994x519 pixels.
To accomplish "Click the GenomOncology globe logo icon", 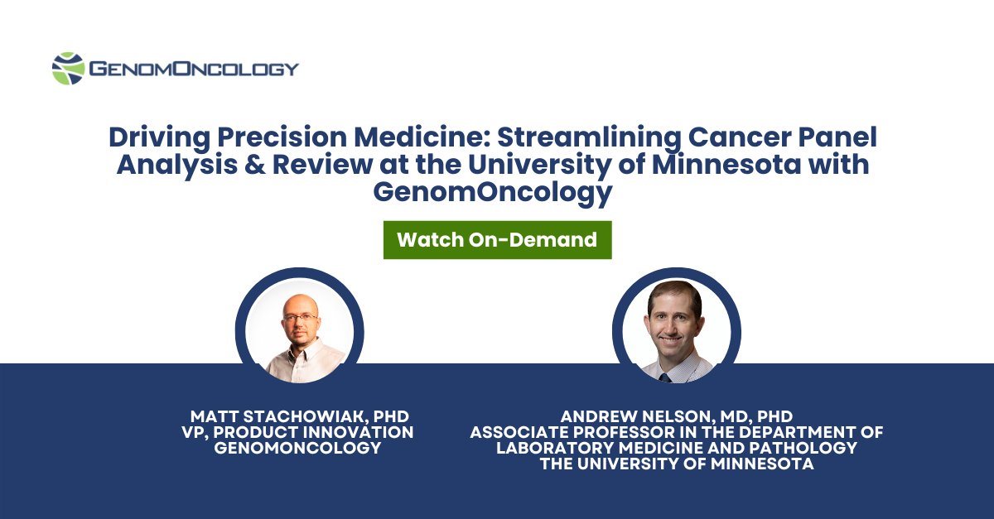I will tap(68, 69).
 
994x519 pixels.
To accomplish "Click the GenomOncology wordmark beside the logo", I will tap(193, 69).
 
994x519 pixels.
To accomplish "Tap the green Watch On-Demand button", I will tap(497, 240).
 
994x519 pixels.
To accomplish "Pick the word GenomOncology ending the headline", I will tap(493, 192).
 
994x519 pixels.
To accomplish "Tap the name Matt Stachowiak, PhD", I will tap(299, 416).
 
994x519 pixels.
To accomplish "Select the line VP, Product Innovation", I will tap(299, 432).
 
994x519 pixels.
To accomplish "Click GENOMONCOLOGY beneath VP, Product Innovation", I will tap(299, 448).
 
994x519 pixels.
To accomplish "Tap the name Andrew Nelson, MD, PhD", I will tap(676, 416).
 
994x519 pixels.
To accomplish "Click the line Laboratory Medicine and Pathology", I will tap(676, 448).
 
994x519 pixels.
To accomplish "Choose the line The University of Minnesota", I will tap(676, 464).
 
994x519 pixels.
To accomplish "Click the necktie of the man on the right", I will tap(666, 377).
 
